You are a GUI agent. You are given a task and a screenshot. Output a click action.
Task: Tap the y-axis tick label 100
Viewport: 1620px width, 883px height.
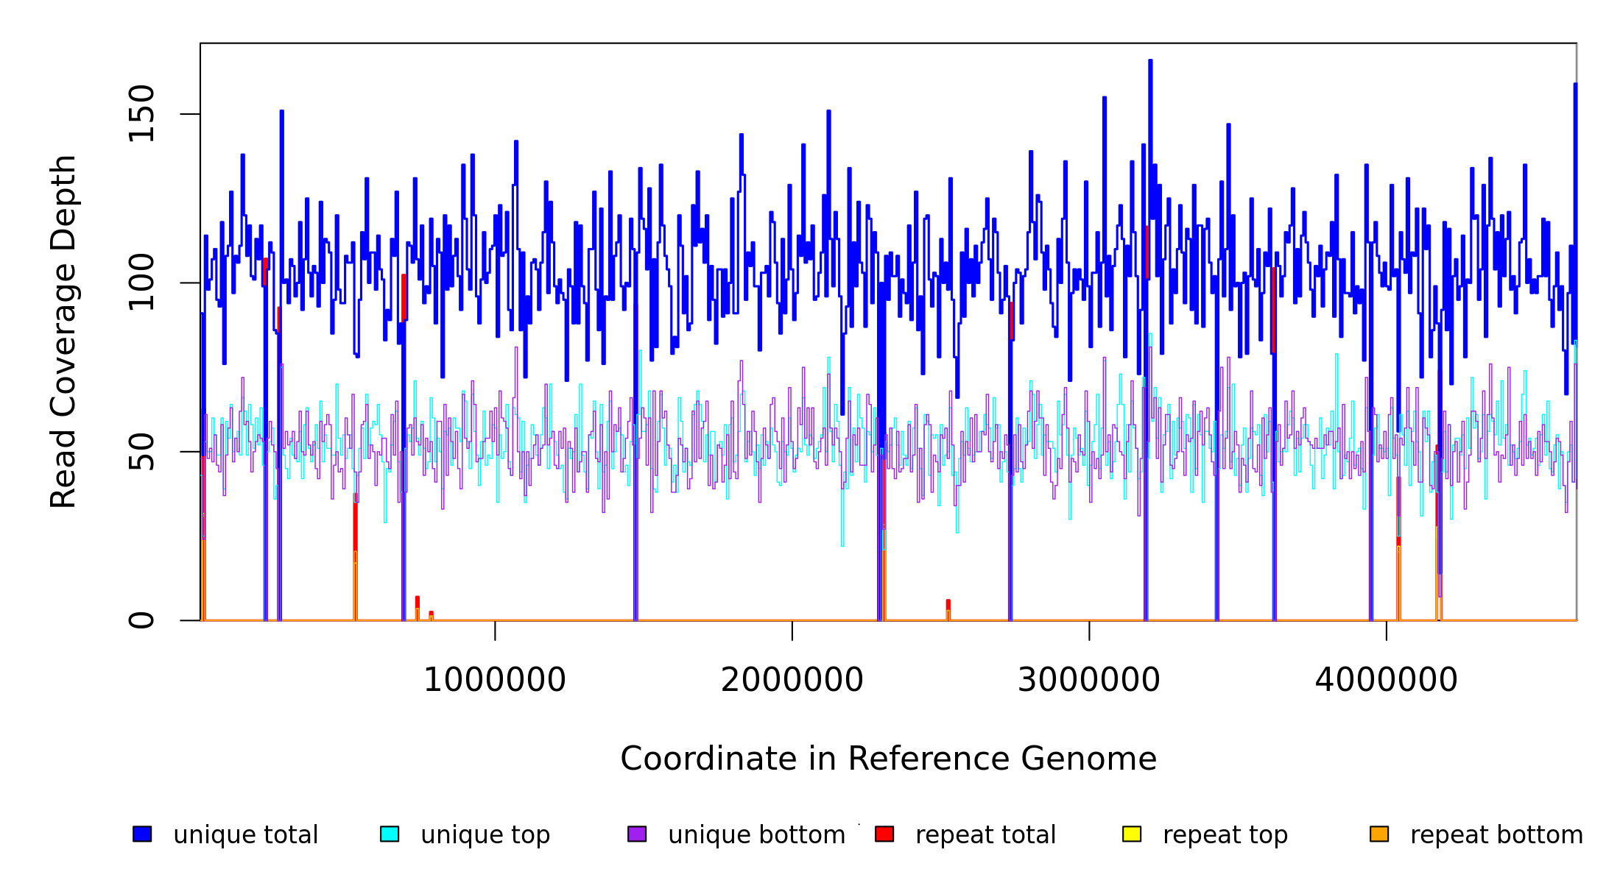141,283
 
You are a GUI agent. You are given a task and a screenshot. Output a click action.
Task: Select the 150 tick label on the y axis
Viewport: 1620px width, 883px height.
141,114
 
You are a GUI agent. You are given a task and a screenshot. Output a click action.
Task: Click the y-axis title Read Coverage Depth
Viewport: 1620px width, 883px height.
63,331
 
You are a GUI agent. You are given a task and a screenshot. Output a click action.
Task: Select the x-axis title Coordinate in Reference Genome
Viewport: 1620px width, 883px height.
888,759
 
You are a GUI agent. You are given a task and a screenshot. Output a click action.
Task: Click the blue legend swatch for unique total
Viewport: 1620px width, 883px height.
142,834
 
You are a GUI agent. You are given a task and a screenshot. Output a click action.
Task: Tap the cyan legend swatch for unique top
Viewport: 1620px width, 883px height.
390,834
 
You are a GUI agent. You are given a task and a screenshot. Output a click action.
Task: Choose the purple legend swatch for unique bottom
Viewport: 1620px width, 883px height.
637,834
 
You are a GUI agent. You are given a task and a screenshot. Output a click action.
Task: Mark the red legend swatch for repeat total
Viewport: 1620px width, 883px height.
884,834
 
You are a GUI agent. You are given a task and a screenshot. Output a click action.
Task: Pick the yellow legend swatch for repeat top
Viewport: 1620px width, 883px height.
1132,834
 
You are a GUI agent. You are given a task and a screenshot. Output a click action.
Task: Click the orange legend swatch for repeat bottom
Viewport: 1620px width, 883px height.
1379,834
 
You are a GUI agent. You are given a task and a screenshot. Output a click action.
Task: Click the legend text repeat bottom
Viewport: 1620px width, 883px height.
1496,835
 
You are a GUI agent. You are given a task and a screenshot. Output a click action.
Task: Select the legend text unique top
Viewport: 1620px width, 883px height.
485,835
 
